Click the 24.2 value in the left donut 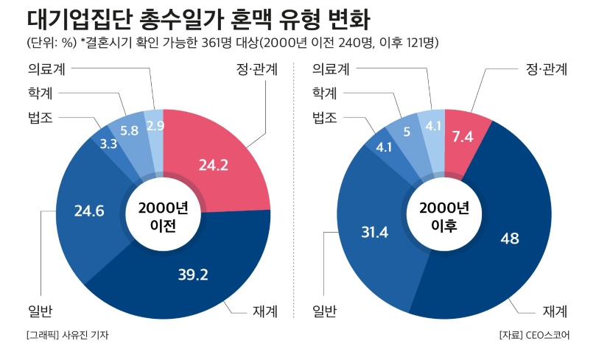pos(214,165)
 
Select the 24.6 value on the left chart pos(89,211)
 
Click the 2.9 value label pos(155,126)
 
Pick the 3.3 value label pos(108,144)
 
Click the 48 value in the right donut pos(509,238)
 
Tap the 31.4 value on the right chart pos(375,232)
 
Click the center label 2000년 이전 pos(163,217)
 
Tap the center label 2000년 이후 pos(444,217)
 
